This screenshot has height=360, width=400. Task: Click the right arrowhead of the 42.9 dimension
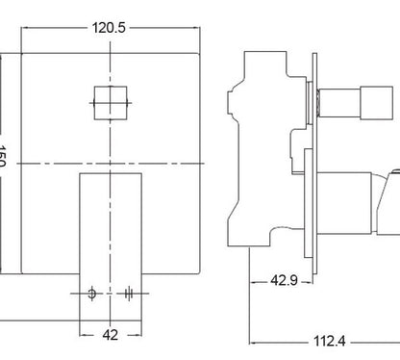[310, 280]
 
